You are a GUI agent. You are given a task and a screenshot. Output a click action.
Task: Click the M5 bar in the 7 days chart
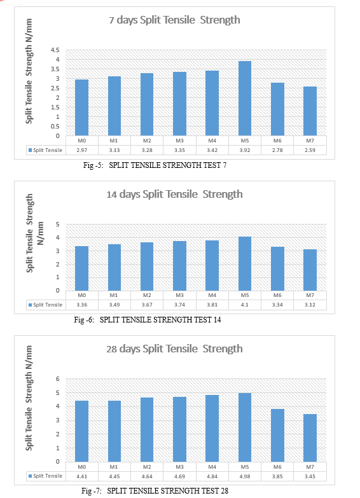(245, 99)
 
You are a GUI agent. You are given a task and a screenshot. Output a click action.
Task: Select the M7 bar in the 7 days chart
(310, 111)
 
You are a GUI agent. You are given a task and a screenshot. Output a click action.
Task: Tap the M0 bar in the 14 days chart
(81, 268)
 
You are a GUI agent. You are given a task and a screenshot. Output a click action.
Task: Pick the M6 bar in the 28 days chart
(277, 436)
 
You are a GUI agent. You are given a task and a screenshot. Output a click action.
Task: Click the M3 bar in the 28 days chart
(179, 429)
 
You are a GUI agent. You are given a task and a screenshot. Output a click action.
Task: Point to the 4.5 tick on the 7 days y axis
(55, 50)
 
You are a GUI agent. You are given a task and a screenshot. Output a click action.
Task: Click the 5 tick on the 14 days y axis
(57, 225)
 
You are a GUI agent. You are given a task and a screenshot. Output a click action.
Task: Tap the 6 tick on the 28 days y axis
(57, 378)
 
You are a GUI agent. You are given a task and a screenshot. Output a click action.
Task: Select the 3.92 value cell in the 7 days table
(245, 150)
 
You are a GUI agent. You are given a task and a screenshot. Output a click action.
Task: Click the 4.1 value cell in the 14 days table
(245, 305)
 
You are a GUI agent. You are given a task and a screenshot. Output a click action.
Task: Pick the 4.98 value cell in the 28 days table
(245, 476)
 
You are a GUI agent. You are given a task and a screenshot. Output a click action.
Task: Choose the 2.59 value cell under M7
(310, 150)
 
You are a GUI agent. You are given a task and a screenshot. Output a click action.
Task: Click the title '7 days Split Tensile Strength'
(174, 20)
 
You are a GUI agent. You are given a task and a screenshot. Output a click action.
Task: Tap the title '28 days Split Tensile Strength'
(174, 349)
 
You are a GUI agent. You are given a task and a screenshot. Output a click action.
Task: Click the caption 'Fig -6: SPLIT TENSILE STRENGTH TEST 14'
(148, 320)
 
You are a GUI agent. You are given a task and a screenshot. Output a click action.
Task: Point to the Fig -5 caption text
(155, 165)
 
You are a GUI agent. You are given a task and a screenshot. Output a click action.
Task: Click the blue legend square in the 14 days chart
(30, 305)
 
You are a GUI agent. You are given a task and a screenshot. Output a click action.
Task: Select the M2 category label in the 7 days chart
(147, 141)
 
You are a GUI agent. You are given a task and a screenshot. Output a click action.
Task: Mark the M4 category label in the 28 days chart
(212, 467)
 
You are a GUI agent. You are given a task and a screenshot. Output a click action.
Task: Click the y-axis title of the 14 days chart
(34, 233)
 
